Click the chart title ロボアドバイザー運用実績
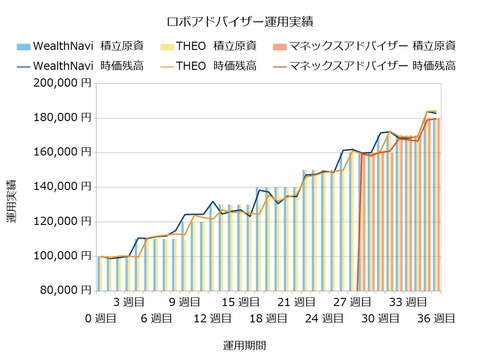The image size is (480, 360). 239,21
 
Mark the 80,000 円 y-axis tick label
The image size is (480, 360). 63,290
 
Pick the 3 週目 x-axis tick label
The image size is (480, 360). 130,301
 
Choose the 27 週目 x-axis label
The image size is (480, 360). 352,301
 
